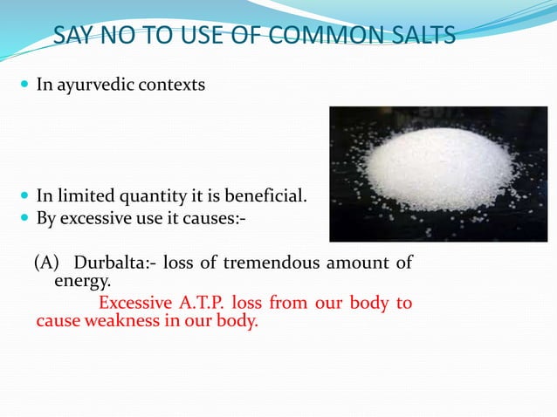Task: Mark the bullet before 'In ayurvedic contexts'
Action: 23,87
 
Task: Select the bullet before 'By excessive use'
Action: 23,216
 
